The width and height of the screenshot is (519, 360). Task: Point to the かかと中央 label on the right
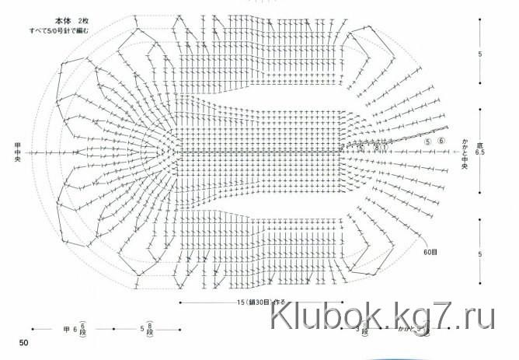465,153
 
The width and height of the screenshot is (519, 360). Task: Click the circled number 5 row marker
427,142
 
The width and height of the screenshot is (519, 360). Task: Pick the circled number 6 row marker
442,142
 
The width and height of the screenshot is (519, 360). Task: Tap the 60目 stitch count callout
431,253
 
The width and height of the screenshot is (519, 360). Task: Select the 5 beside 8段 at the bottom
141,329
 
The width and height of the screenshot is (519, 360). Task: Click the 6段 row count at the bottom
82,328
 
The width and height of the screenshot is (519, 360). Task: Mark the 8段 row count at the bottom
151,328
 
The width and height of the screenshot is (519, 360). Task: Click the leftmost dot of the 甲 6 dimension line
32,329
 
